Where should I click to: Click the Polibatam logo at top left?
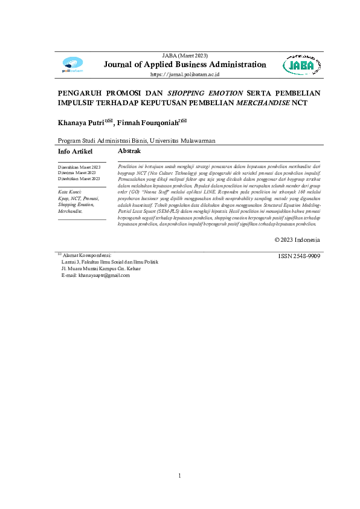click(72, 64)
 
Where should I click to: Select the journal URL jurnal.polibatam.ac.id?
click(184, 74)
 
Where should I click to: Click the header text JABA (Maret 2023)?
click(185, 56)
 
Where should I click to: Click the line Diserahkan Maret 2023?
click(79, 166)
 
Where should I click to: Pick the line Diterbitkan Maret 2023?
click(79, 179)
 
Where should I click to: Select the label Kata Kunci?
click(69, 192)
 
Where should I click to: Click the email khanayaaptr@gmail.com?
click(95, 275)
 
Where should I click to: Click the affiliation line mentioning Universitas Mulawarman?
click(136, 140)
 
